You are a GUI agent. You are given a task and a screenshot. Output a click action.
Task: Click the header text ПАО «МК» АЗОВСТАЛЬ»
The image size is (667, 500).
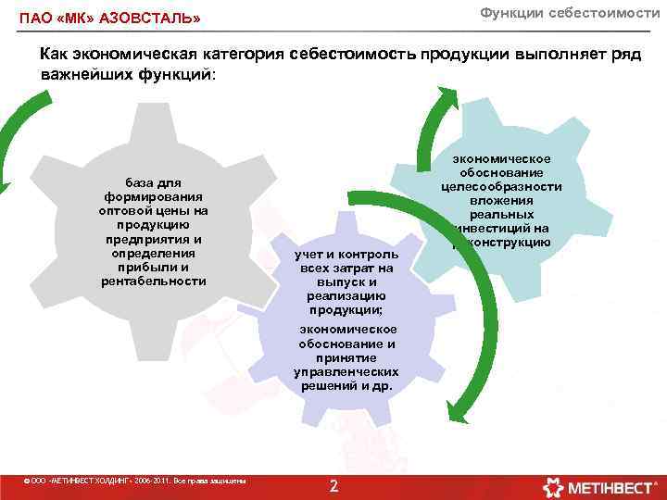(x=109, y=19)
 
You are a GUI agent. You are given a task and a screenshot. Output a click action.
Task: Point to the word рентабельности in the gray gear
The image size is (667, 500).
(x=154, y=281)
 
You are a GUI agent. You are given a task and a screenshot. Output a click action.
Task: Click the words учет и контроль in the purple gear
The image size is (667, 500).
(x=346, y=254)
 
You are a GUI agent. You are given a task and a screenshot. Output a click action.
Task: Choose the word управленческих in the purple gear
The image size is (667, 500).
(x=346, y=371)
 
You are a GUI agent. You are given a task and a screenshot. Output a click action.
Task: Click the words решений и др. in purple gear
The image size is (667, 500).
(x=346, y=385)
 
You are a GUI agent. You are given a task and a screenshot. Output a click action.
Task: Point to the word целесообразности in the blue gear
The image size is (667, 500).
(x=501, y=186)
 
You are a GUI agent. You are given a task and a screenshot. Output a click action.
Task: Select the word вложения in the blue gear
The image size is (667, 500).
(x=501, y=200)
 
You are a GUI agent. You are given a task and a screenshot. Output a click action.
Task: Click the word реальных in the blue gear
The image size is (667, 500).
(x=501, y=214)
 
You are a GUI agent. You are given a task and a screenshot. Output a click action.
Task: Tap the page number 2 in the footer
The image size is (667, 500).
(x=334, y=487)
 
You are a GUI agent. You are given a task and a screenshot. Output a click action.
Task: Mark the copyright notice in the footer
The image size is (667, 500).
(x=135, y=481)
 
